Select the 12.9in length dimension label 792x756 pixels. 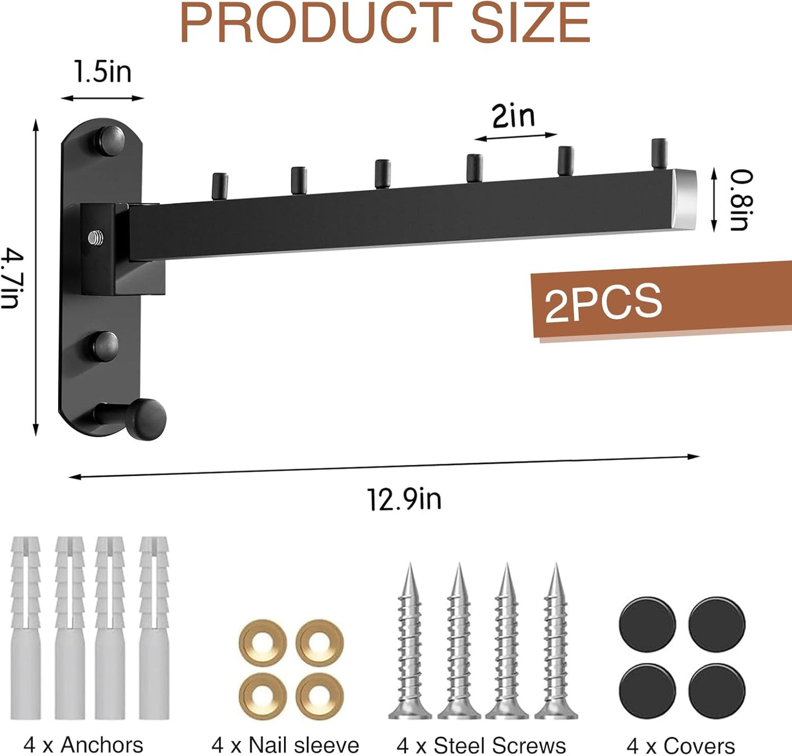tap(404, 499)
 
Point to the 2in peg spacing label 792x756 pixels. tap(514, 116)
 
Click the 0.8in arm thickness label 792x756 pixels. tap(742, 200)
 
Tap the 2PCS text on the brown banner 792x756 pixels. tap(603, 302)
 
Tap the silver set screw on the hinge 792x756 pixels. tap(95, 237)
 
